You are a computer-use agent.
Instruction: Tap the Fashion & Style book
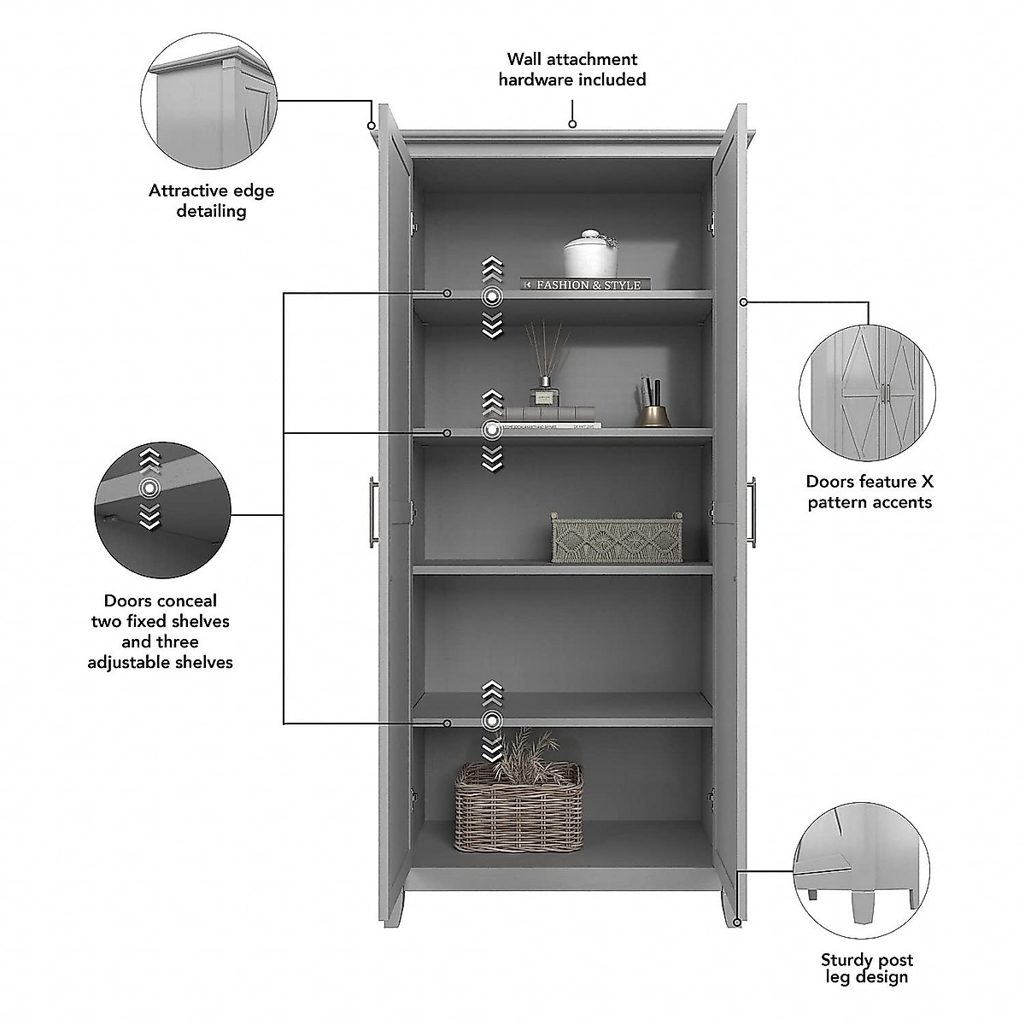[586, 284]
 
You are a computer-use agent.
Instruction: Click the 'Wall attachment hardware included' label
[572, 69]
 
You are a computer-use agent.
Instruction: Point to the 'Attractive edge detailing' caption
[212, 201]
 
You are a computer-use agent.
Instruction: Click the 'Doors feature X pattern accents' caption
[870, 492]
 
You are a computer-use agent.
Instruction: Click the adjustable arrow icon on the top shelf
[491, 296]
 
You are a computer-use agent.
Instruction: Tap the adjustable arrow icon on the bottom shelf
[491, 721]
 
